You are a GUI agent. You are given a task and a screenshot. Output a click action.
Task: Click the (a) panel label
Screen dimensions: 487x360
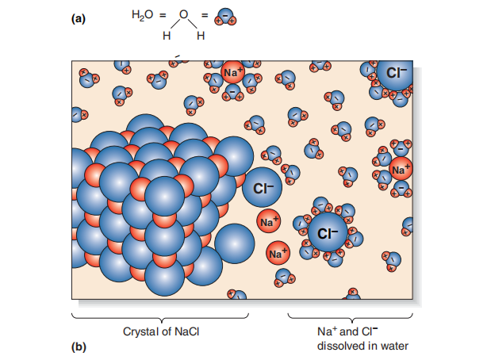pos(78,19)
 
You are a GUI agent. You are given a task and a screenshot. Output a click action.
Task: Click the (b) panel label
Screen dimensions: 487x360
pos(79,347)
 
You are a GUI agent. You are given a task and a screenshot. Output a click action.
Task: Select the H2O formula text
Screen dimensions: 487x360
pos(142,15)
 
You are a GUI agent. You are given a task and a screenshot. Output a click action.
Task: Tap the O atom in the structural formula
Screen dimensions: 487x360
pos(184,14)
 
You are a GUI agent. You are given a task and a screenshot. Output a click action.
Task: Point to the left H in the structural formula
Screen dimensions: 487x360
pos(167,36)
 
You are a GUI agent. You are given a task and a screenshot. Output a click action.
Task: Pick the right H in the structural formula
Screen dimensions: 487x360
pos(201,36)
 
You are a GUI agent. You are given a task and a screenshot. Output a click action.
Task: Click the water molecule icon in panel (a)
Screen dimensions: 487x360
pos(225,17)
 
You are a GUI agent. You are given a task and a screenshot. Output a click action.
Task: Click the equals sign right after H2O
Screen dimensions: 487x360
pos(163,15)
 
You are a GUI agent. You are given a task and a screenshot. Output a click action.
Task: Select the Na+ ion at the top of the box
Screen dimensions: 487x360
pos(233,72)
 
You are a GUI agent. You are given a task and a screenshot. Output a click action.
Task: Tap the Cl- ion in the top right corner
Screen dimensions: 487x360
pos(395,73)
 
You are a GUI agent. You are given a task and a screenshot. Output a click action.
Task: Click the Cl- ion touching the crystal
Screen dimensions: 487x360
pos(262,188)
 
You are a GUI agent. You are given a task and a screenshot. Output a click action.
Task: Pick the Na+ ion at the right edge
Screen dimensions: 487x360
pos(401,169)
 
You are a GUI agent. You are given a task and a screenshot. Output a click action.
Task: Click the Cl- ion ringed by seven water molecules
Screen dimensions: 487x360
pos(328,232)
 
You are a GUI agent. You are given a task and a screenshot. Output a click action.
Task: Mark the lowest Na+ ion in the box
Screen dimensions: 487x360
pos(278,253)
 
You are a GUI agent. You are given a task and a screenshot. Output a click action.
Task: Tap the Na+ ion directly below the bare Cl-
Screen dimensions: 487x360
pos(269,221)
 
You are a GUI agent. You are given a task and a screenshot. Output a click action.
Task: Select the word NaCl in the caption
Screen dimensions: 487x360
pos(187,331)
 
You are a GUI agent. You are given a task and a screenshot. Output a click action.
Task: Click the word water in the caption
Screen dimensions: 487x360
pos(395,346)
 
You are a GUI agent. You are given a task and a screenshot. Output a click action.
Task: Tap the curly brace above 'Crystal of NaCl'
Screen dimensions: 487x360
pos(160,318)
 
